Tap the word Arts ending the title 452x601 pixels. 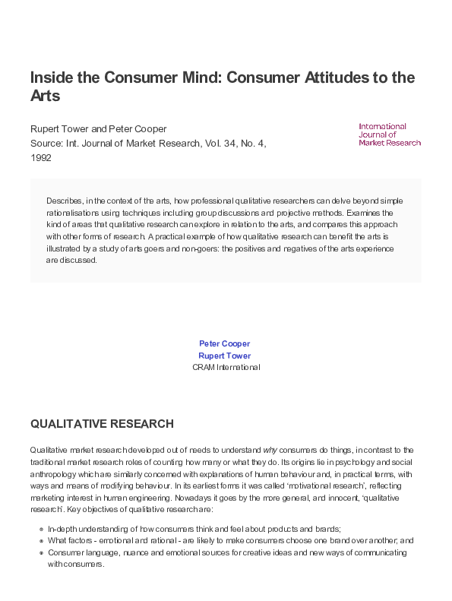point(45,96)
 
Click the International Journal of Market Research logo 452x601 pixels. point(389,134)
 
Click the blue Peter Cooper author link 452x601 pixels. point(225,343)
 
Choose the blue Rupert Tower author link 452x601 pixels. point(225,355)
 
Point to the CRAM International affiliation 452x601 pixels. point(226,367)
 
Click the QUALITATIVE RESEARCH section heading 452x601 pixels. point(102,424)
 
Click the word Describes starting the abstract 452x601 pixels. point(64,201)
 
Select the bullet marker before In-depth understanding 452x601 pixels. point(40,529)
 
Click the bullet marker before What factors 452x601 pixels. point(40,541)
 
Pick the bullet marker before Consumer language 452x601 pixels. point(40,553)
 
